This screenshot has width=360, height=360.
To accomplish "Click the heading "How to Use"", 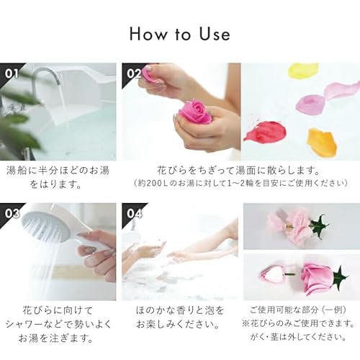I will point(180,34).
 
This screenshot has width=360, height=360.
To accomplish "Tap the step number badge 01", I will point(12,72).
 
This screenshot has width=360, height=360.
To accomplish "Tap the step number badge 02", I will point(133,72).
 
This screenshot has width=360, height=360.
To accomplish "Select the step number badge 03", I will point(12,212).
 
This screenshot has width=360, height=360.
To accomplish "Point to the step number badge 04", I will point(133,212).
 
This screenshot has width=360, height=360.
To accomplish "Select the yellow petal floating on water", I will point(303,71).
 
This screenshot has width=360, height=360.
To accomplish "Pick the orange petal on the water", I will point(321,141).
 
